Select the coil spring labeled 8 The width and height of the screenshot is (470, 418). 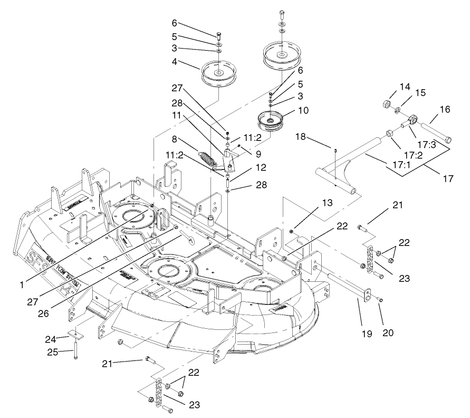(x=209, y=158)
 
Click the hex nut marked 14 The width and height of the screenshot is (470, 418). (x=385, y=103)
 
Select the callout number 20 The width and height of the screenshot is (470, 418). (x=388, y=333)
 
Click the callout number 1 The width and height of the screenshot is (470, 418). (x=22, y=284)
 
